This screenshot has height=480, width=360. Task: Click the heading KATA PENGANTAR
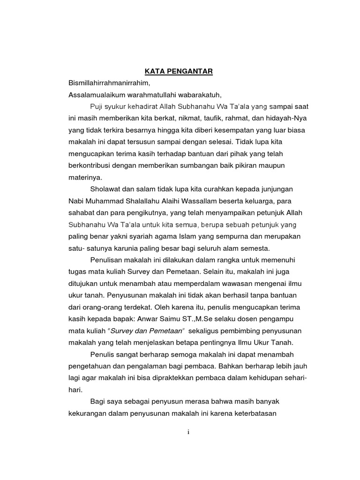click(x=178, y=71)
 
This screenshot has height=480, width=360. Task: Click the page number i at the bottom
click(x=187, y=432)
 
